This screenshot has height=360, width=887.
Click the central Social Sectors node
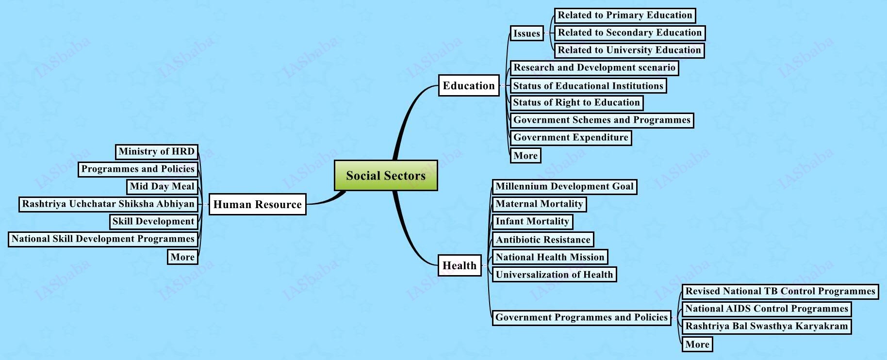tap(386, 175)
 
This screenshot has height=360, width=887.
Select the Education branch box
tap(469, 85)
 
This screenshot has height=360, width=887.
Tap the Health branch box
tap(460, 265)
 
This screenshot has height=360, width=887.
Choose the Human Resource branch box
tap(257, 204)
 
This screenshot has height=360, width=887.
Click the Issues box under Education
tap(526, 33)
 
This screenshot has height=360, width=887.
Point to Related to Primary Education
tap(625, 15)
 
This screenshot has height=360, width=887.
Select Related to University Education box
tap(629, 50)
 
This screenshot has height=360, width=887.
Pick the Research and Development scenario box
tap(594, 67)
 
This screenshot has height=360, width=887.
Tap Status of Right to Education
tap(576, 102)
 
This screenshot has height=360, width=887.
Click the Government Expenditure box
tap(571, 137)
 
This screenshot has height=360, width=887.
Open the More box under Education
tap(526, 156)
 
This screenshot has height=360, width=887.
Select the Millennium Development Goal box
tap(564, 186)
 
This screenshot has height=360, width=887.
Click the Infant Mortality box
tap(532, 221)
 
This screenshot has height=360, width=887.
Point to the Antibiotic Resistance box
tap(543, 239)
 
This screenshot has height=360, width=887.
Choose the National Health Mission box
tap(550, 257)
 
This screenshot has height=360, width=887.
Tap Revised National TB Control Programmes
tap(780, 291)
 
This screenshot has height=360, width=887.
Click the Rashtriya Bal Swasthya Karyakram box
tap(766, 326)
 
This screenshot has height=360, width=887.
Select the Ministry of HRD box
tap(157, 151)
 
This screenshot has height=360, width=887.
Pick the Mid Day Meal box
tap(162, 186)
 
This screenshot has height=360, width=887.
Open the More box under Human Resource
tap(182, 257)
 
